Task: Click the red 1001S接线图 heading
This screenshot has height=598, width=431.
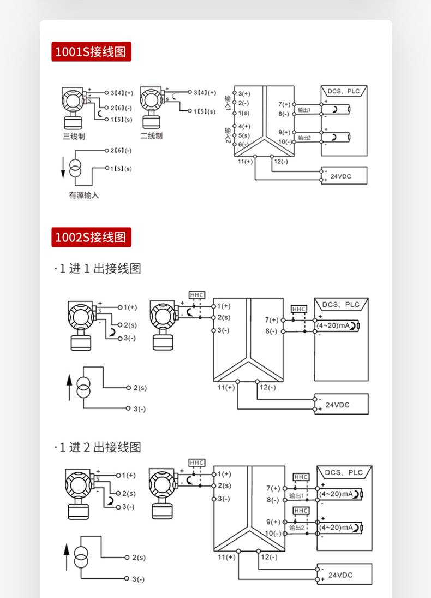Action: (91, 52)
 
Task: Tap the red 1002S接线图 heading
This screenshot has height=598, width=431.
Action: (91, 237)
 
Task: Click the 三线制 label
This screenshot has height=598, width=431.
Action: (74, 136)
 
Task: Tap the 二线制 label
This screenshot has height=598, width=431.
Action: (151, 136)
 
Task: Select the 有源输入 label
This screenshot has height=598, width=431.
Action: (84, 195)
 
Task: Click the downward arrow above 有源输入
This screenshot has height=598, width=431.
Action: (63, 167)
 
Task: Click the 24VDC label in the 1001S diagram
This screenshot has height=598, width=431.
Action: (342, 176)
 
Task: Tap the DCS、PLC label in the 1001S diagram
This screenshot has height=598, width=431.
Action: (344, 91)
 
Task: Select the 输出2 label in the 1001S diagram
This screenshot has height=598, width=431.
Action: (304, 138)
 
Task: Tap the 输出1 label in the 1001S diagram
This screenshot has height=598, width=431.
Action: (304, 110)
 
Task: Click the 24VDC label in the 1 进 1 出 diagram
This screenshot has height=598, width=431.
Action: (338, 405)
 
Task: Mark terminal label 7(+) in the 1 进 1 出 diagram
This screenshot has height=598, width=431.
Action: (272, 320)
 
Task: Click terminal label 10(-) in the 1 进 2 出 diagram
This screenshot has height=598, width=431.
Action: (273, 534)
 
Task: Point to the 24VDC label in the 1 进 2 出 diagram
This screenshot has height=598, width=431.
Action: (341, 575)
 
